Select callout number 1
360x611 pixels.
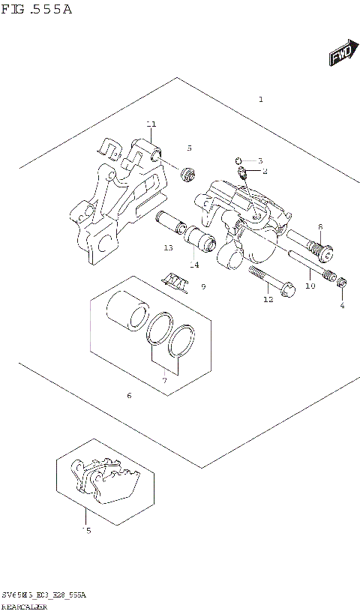pyautogui.click(x=260, y=100)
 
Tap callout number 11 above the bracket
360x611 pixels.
pyautogui.click(x=151, y=124)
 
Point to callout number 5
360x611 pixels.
pyautogui.click(x=190, y=148)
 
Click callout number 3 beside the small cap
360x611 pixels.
pyautogui.click(x=259, y=161)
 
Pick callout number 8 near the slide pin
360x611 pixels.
pyautogui.click(x=319, y=227)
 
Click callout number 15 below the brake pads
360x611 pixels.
pyautogui.click(x=86, y=531)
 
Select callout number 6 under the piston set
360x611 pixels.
pyautogui.click(x=129, y=395)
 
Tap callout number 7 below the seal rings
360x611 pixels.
pyautogui.click(x=164, y=381)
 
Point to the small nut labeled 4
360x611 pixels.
pyautogui.click(x=341, y=283)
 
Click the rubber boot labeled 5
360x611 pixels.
pyautogui.click(x=189, y=174)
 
